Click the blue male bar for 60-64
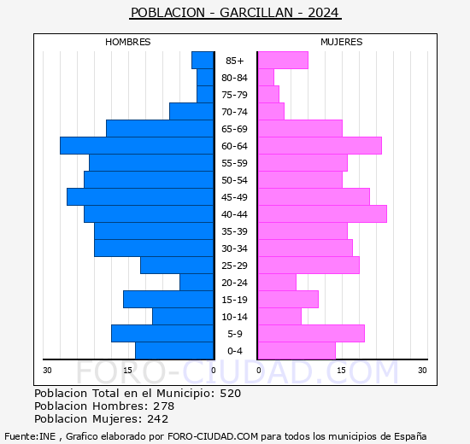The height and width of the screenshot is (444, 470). (137, 146)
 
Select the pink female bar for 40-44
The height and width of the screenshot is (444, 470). (322, 214)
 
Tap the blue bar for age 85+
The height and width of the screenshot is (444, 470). (203, 61)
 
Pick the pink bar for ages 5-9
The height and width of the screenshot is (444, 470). (311, 334)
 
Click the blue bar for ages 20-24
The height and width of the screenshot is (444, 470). (197, 283)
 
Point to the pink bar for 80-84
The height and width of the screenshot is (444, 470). (266, 78)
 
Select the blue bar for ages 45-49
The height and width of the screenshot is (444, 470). (140, 197)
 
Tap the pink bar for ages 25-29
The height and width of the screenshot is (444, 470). (308, 266)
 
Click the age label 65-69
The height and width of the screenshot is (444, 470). (234, 129)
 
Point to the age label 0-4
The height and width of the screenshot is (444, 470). (235, 351)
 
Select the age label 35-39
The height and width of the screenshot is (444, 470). (234, 231)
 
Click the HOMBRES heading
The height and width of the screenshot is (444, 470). (127, 42)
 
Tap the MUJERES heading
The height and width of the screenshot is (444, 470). (342, 42)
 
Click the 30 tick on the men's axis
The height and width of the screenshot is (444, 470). (47, 371)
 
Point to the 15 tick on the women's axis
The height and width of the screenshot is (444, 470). (341, 371)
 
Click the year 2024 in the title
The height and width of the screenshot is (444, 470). (323, 13)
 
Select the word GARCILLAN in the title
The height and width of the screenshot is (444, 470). (256, 13)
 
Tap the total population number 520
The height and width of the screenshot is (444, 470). (230, 393)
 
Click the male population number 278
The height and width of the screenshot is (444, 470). (164, 406)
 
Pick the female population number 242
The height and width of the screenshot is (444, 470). (158, 419)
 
